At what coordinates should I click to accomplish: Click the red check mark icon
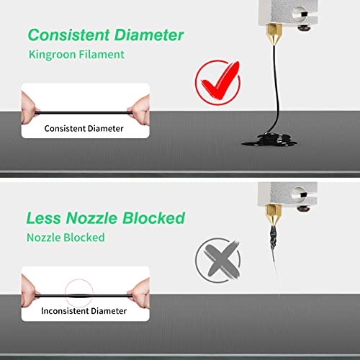pos(218,83)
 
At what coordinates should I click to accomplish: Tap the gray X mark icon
pos(218,260)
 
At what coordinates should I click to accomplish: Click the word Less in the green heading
pos(44,218)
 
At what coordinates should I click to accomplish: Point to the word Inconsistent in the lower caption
pos(61,311)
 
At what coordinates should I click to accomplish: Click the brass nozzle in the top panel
pos(274,35)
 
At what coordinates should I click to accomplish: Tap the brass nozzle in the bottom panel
pos(273,215)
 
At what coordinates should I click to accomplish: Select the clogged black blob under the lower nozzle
pos(273,237)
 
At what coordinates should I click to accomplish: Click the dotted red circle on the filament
pos(79,293)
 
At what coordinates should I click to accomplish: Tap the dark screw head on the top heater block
pos(304,28)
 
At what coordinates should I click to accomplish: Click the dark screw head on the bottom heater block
pos(303,208)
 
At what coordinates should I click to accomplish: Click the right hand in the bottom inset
pos(140,293)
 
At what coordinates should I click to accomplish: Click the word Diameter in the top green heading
pos(149,35)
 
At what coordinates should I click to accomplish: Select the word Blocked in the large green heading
pos(154,218)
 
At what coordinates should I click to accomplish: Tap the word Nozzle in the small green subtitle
pos(44,238)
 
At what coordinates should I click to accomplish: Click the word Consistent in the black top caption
pos(63,128)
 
